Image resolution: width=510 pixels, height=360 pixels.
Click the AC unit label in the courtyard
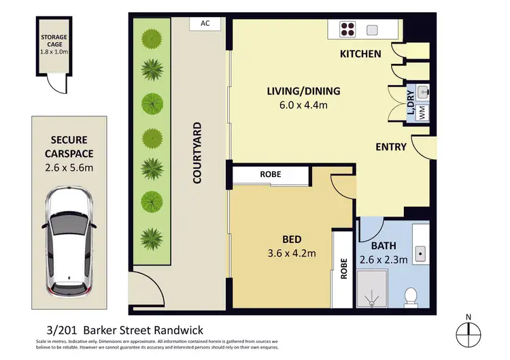point(205,23)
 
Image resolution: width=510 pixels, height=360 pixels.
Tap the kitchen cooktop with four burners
point(348,29)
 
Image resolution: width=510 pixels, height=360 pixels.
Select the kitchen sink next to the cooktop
point(373,29)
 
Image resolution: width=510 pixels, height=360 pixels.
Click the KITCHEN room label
point(361,54)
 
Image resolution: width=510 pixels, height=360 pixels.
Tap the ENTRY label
point(391,147)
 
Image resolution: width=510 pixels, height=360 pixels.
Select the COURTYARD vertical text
point(197,153)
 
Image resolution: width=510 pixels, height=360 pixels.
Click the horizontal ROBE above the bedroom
point(270,174)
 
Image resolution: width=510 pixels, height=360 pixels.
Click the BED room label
point(292,240)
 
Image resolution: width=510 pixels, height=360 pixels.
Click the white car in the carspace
point(68,240)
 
